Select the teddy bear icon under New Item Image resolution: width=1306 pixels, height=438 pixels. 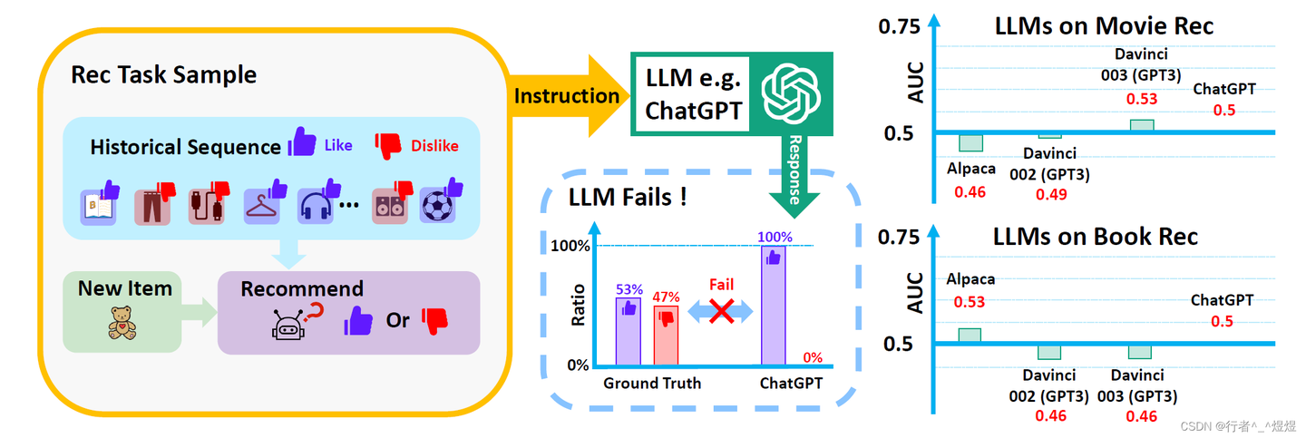click(121, 323)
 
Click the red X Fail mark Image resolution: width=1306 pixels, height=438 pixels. click(721, 312)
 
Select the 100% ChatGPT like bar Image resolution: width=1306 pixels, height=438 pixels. click(773, 306)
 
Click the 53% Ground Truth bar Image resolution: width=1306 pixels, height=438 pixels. click(628, 330)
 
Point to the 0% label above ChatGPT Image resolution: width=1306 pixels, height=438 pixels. click(812, 357)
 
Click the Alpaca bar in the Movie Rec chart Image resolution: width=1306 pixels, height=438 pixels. click(970, 143)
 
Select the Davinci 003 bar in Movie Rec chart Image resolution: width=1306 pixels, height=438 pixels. click(1141, 125)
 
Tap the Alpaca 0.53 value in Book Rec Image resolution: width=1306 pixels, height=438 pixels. click(970, 302)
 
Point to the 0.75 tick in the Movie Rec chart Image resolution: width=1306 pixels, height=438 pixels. click(899, 27)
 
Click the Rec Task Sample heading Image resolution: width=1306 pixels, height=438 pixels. click(163, 74)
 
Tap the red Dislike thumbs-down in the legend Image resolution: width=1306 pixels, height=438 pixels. click(388, 144)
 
